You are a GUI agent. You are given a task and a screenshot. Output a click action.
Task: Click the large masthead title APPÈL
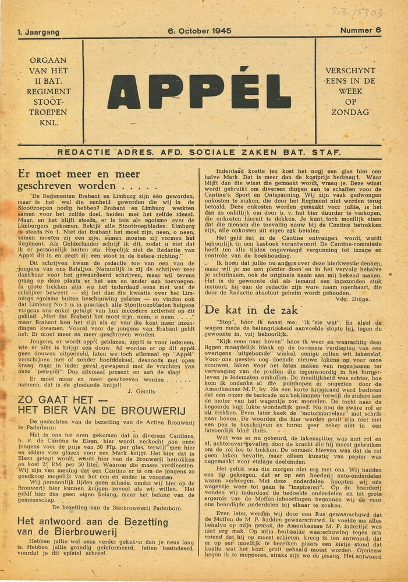pyautogui.click(x=198, y=91)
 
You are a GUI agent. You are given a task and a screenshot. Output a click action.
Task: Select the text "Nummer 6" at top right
pyautogui.click(x=361, y=30)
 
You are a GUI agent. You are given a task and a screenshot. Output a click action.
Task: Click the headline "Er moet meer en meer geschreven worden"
pyautogui.click(x=79, y=179)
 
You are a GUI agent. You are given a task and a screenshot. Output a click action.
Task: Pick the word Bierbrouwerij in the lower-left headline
pyautogui.click(x=78, y=532)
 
